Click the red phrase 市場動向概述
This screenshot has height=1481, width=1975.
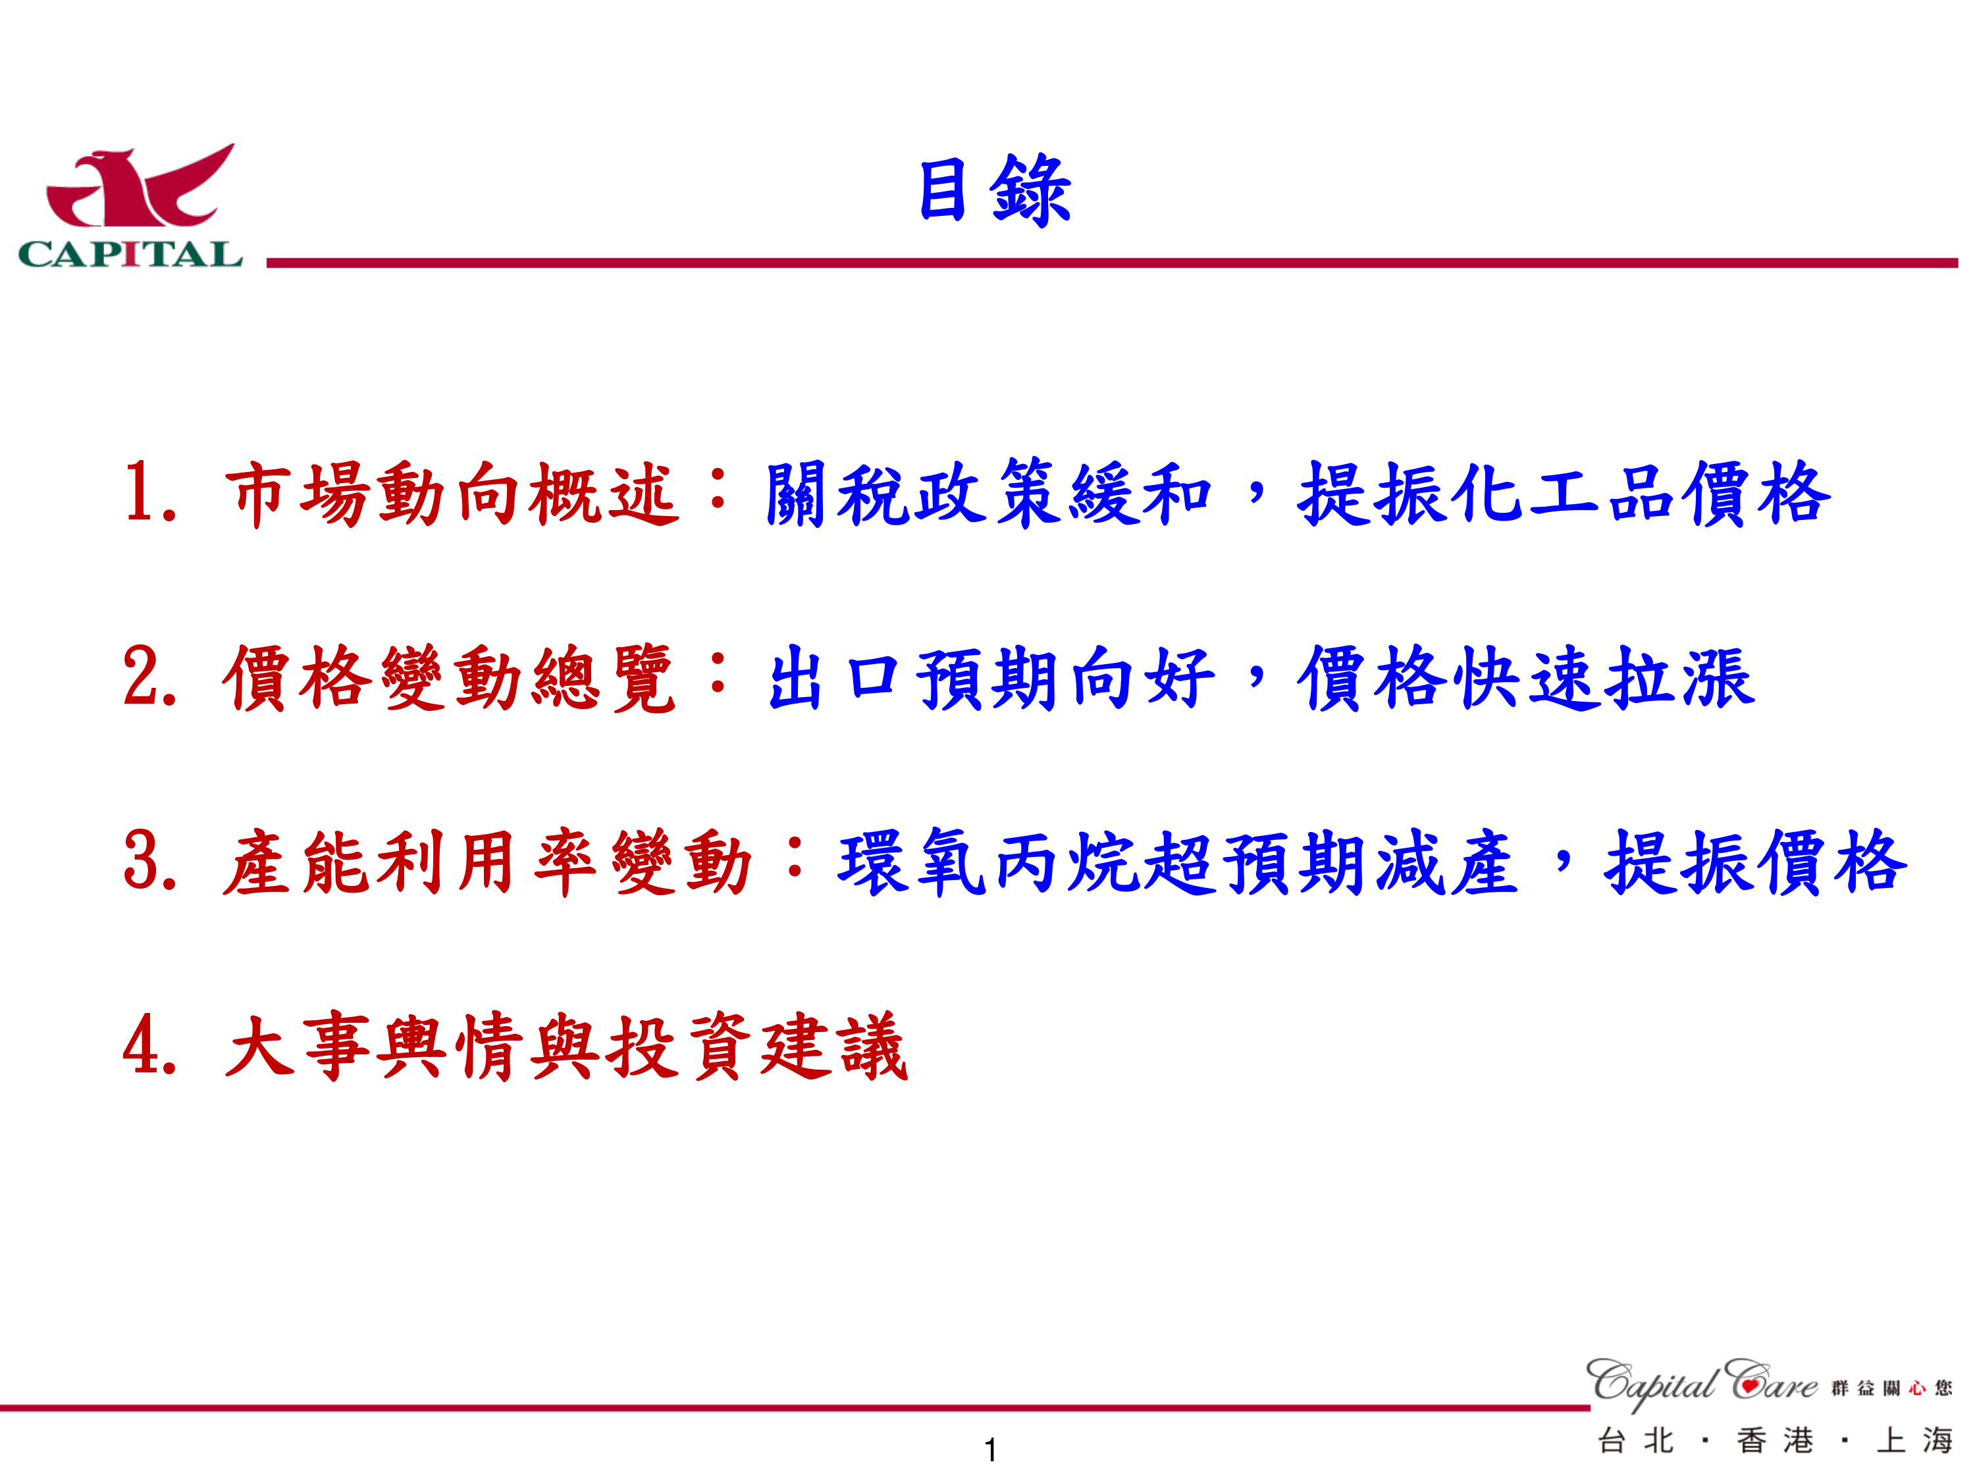coord(451,493)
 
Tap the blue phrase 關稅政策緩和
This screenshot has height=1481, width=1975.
coord(988,493)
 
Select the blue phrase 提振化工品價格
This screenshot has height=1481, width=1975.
coord(1564,493)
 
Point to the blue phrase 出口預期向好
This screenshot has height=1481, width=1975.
coord(991,677)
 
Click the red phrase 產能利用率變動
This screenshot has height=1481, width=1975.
coord(488,862)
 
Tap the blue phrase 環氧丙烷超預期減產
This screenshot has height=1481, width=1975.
coord(1178,862)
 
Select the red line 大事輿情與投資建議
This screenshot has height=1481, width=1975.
coord(566,1047)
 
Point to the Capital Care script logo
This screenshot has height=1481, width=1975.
coord(1702,1384)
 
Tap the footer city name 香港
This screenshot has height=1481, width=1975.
coord(1775,1441)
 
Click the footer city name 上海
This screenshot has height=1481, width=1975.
coord(1915,1441)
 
